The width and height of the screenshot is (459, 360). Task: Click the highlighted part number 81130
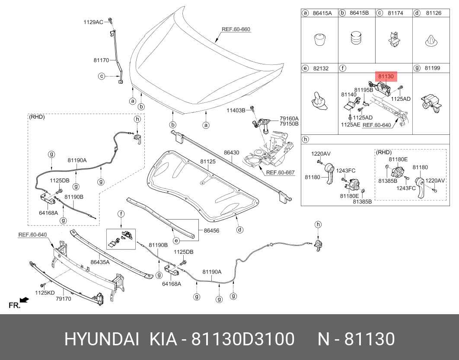[x=386, y=76]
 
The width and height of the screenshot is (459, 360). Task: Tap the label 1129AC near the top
[x=93, y=22]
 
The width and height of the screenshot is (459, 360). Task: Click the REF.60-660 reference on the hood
[x=236, y=30]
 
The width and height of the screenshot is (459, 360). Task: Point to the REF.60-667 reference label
[x=280, y=172]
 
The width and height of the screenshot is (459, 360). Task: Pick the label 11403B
[x=236, y=111]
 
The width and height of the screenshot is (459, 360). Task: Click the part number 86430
[x=231, y=153]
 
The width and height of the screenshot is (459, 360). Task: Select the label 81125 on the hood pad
[x=207, y=162]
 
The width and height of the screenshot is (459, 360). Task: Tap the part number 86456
[x=211, y=231]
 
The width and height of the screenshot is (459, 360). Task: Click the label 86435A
[x=100, y=262]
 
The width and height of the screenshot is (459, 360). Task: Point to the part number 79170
[x=64, y=299]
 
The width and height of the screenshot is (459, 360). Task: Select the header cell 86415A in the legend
[x=322, y=13]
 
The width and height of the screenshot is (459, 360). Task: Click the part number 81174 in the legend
[x=395, y=13]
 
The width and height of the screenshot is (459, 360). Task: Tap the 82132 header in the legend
[x=320, y=68]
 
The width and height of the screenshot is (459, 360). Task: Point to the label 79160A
[x=289, y=118]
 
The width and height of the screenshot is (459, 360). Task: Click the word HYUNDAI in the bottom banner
[x=102, y=339]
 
